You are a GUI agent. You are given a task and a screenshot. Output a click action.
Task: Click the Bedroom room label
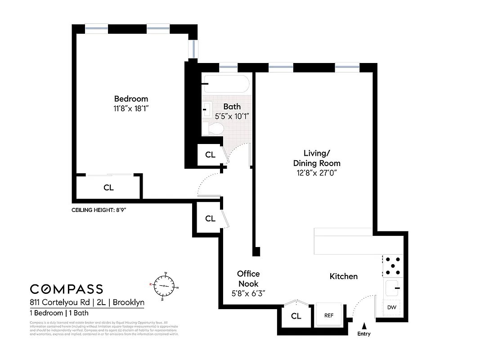tap(131, 99)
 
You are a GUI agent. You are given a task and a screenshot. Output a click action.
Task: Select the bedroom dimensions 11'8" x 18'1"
tap(131, 108)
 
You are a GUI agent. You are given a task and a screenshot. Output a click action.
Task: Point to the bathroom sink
tap(207, 108)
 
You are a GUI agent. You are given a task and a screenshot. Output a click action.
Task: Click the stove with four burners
tap(392, 266)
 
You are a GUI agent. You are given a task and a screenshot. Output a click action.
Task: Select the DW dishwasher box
tap(391, 307)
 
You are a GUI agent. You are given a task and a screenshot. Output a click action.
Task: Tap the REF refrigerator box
tap(329, 315)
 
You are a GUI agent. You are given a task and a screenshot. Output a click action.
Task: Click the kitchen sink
tap(392, 286)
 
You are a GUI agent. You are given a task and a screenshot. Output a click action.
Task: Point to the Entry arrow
tap(364, 325)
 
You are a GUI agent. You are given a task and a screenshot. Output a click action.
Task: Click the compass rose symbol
tap(165, 285)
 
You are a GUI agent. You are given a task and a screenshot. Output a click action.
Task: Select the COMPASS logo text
tap(67, 289)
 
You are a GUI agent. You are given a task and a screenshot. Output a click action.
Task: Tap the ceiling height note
tap(99, 210)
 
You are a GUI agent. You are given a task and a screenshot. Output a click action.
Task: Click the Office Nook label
tap(248, 279)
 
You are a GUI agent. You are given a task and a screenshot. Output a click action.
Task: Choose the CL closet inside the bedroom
tap(108, 188)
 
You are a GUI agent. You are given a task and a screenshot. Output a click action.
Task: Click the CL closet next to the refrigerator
tap(296, 316)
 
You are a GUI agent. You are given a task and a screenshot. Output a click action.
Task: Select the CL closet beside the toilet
tap(210, 155)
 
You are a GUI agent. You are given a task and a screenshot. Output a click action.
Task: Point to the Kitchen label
tap(344, 276)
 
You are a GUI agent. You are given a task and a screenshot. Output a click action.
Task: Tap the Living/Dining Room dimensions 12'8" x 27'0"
tap(317, 172)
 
